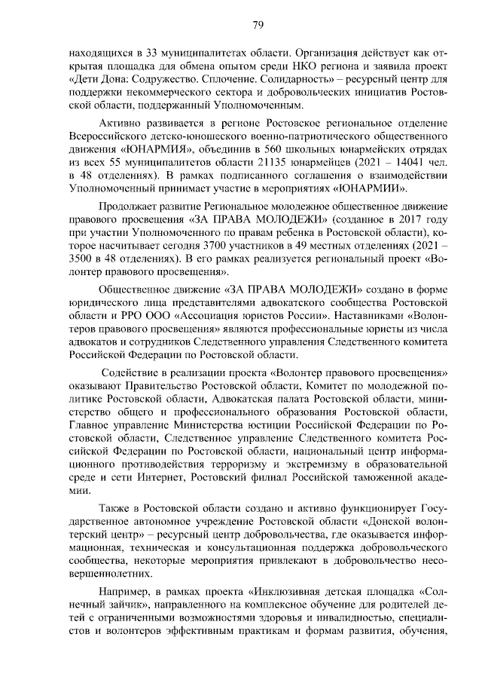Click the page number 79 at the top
coord(258,26)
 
